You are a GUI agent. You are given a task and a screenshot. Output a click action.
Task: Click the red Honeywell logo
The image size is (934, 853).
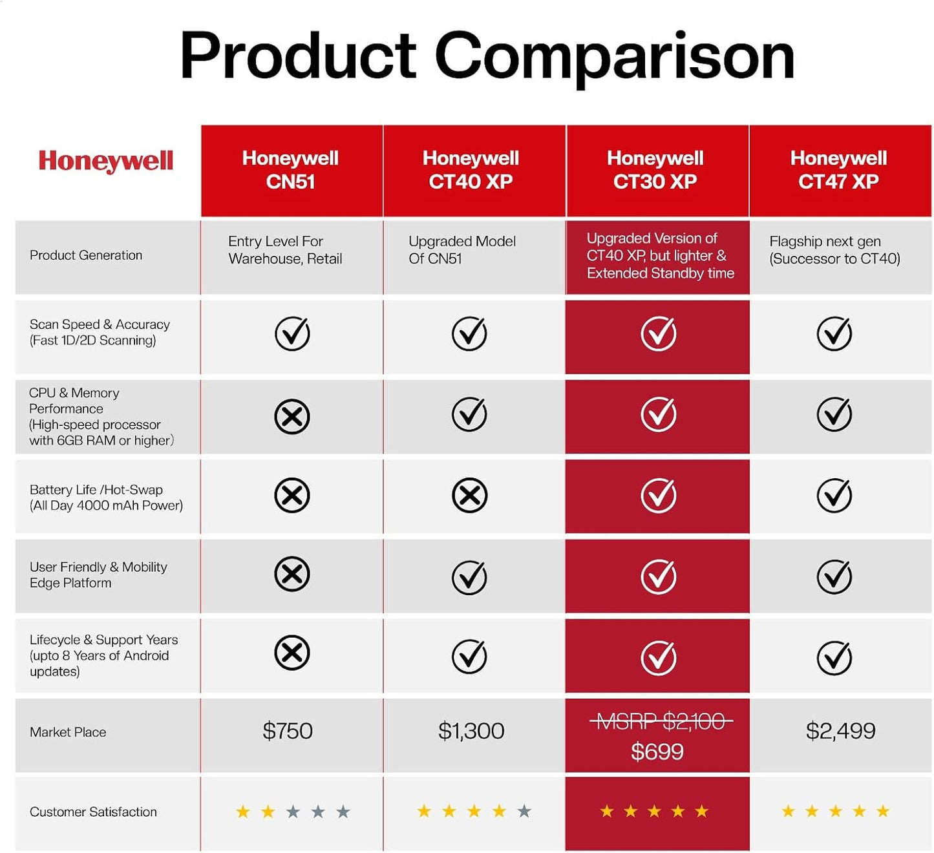[106, 161]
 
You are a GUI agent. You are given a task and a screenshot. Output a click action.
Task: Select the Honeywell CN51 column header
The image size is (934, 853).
[290, 170]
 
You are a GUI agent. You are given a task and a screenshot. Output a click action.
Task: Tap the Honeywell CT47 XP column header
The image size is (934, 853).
[838, 170]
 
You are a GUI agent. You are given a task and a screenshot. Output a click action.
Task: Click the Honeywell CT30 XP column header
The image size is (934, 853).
[655, 170]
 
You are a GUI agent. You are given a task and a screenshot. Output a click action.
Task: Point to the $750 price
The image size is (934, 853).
[288, 731]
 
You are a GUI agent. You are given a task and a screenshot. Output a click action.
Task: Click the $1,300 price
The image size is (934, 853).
[471, 731]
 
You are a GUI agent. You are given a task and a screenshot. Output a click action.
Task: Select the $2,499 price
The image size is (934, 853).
[840, 731]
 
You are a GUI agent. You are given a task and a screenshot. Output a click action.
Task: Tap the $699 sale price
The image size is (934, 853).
[657, 752]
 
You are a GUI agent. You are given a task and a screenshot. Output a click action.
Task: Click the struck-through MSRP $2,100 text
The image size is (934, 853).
[661, 721]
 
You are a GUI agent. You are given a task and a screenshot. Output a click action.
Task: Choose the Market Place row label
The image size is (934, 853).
[68, 732]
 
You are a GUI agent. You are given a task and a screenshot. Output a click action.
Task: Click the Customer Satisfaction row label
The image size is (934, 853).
[93, 812]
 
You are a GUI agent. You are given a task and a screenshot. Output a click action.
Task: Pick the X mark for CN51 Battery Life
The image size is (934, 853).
[292, 496]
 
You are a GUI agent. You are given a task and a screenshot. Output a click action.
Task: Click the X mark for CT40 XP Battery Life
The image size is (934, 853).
[469, 496]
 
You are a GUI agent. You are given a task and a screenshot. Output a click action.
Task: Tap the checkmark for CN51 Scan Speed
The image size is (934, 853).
[292, 333]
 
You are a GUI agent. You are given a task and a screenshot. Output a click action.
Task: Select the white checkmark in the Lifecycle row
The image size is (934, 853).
[659, 657]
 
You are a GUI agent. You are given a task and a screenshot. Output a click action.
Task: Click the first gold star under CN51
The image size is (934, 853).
[243, 812]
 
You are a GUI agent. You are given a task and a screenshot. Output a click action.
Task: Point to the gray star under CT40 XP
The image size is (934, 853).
[524, 811]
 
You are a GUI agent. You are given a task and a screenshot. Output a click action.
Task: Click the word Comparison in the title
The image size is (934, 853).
[614, 57]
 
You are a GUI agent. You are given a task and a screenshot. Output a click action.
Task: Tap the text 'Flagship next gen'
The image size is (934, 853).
[825, 242]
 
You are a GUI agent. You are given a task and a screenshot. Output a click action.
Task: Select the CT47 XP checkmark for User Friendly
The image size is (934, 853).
[834, 576]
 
